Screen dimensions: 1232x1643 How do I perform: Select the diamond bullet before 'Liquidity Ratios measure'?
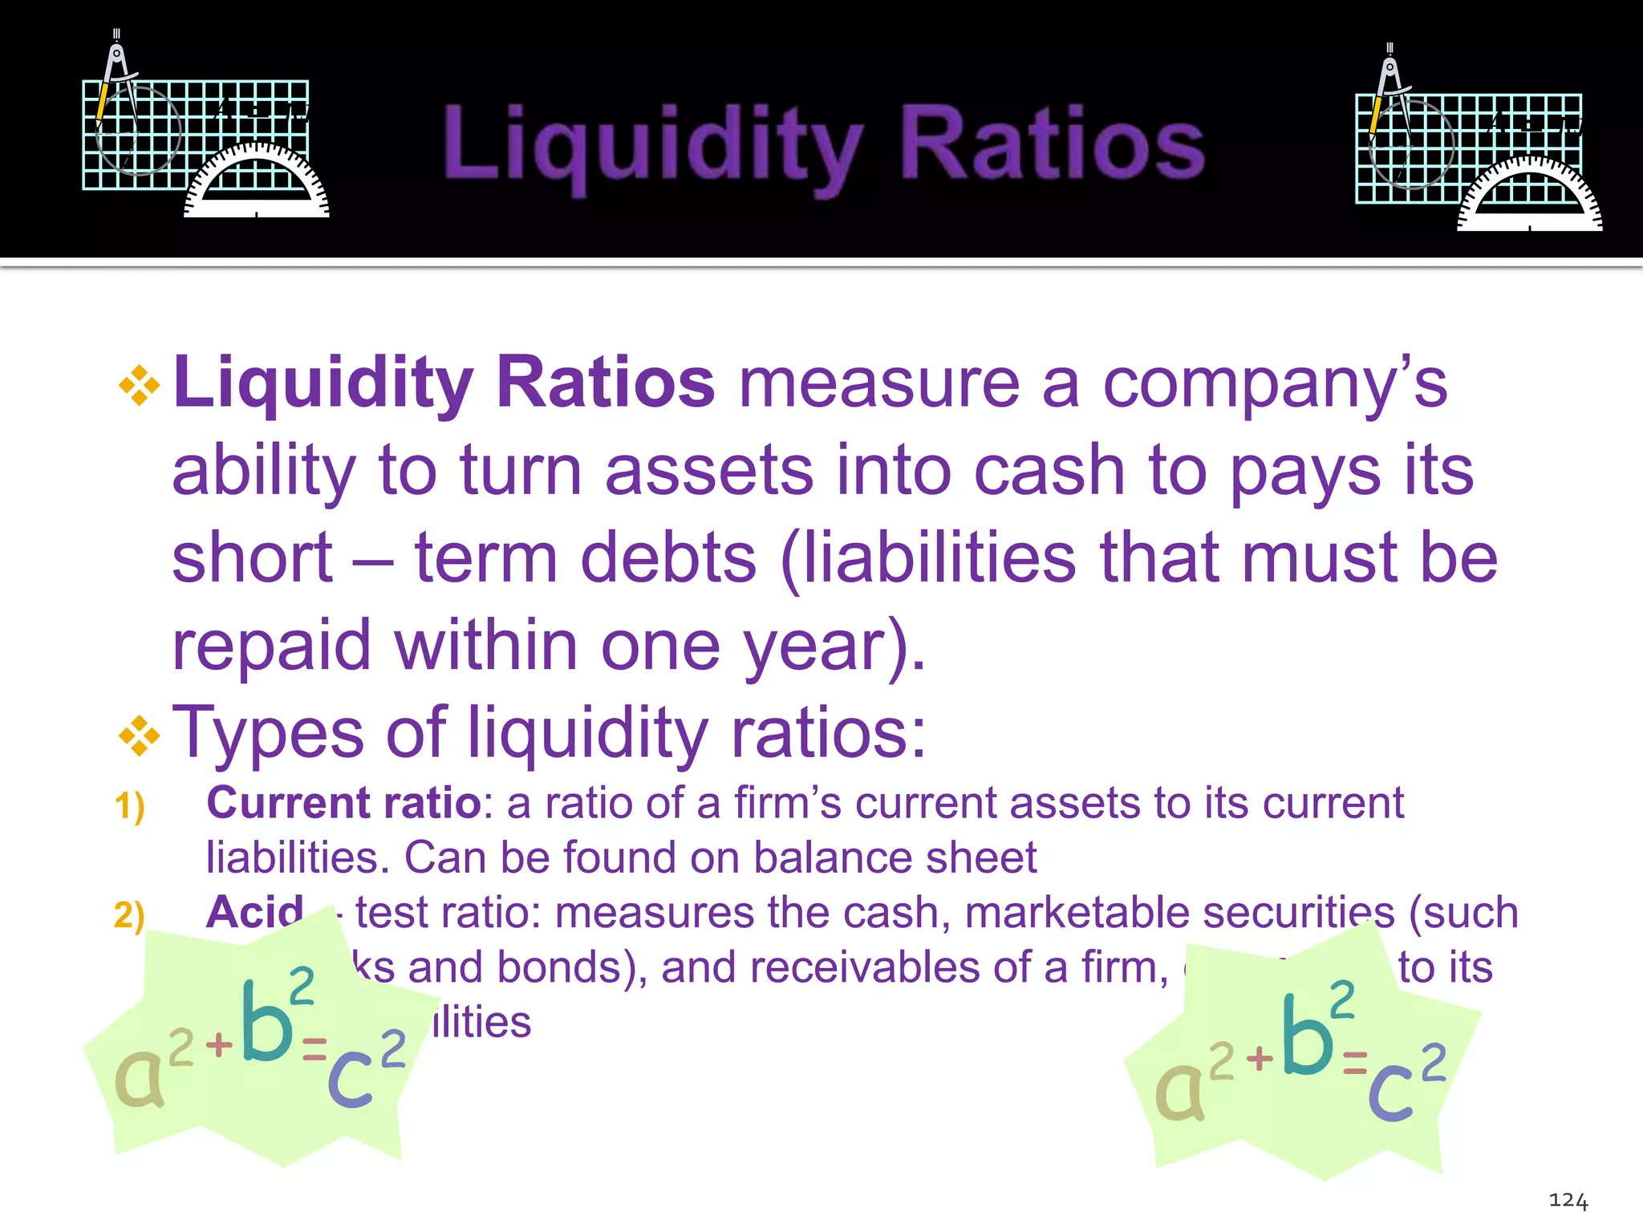pyautogui.click(x=140, y=386)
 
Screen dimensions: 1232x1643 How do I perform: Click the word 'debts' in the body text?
pyautogui.click(x=668, y=559)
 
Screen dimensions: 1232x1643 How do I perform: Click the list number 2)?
pyautogui.click(x=129, y=915)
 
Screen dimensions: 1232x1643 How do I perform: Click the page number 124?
pyautogui.click(x=1568, y=1201)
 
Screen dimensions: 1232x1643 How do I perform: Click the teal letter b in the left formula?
pyautogui.click(x=267, y=1023)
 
